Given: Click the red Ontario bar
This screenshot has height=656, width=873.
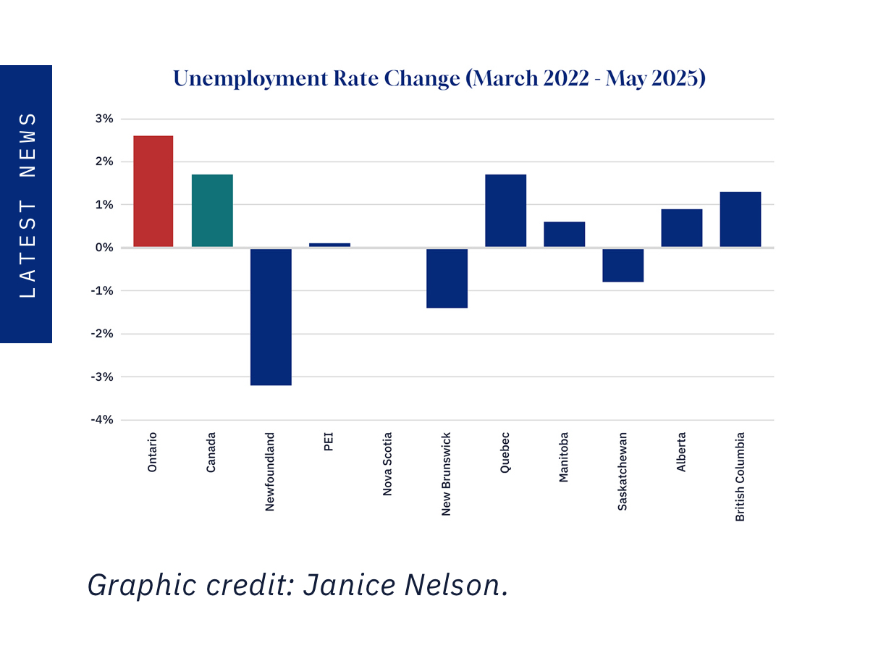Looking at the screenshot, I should point(153,191).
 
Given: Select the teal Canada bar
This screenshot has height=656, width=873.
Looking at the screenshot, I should point(212,211).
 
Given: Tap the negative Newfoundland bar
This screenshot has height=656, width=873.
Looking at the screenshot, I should point(271,316).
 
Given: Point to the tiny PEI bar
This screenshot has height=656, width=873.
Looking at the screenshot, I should point(329,245).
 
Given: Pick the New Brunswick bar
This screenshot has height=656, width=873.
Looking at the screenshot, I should point(447,278).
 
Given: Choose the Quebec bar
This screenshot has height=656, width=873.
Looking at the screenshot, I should point(505,211).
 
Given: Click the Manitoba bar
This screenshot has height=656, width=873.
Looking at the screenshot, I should point(564,235).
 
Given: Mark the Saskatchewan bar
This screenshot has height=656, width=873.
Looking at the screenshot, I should point(623,265).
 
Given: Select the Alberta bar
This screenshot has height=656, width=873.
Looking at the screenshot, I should point(681,228).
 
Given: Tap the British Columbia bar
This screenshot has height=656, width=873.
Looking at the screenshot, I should point(740,219).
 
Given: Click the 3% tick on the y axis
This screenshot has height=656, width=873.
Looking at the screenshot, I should point(104,119).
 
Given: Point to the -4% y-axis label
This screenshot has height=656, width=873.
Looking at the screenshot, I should point(102,420).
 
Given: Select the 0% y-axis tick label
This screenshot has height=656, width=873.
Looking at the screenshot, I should point(104,248).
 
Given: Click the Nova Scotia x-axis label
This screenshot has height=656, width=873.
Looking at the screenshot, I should point(388,464).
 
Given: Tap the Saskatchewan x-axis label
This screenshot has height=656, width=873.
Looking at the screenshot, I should point(623,471).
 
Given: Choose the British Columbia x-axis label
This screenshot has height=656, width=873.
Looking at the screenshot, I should point(740,476).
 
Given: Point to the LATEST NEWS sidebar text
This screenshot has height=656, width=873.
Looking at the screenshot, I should point(27,204).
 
